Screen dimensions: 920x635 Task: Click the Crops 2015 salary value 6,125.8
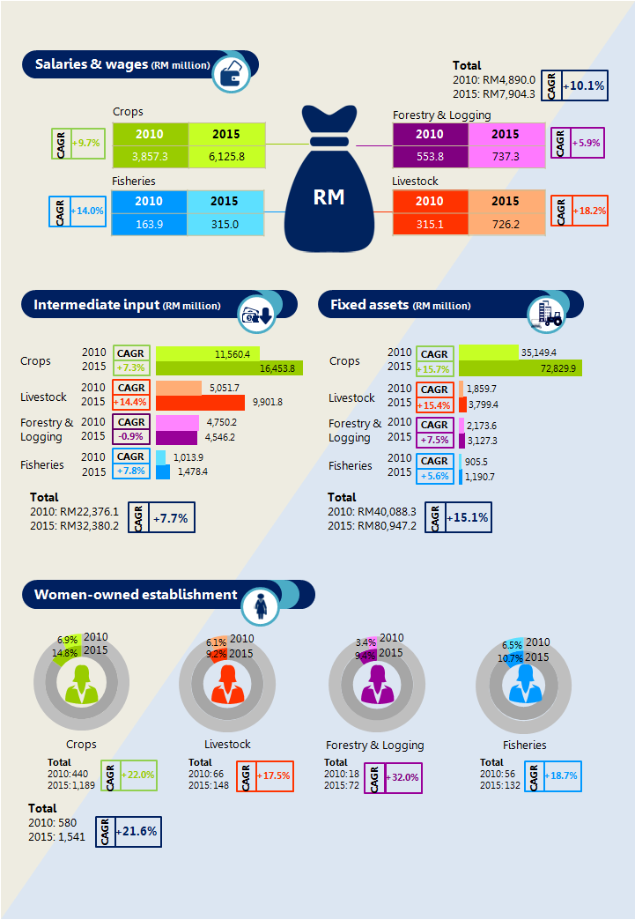coord(226,156)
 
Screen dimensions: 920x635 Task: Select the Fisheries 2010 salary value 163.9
coord(149,224)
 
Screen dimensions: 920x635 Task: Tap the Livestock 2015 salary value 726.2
coord(506,225)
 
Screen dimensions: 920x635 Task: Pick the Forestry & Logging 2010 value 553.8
coord(430,156)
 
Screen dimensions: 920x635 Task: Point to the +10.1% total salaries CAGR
coord(587,86)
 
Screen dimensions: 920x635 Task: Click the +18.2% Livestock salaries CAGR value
coord(587,211)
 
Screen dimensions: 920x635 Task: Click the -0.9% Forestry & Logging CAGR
coord(131,435)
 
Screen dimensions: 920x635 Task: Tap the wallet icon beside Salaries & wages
coord(233,74)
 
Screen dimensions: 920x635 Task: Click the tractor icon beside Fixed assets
coord(546,314)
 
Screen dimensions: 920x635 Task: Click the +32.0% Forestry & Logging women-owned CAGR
coord(402,777)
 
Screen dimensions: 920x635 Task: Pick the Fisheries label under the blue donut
coord(525,745)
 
